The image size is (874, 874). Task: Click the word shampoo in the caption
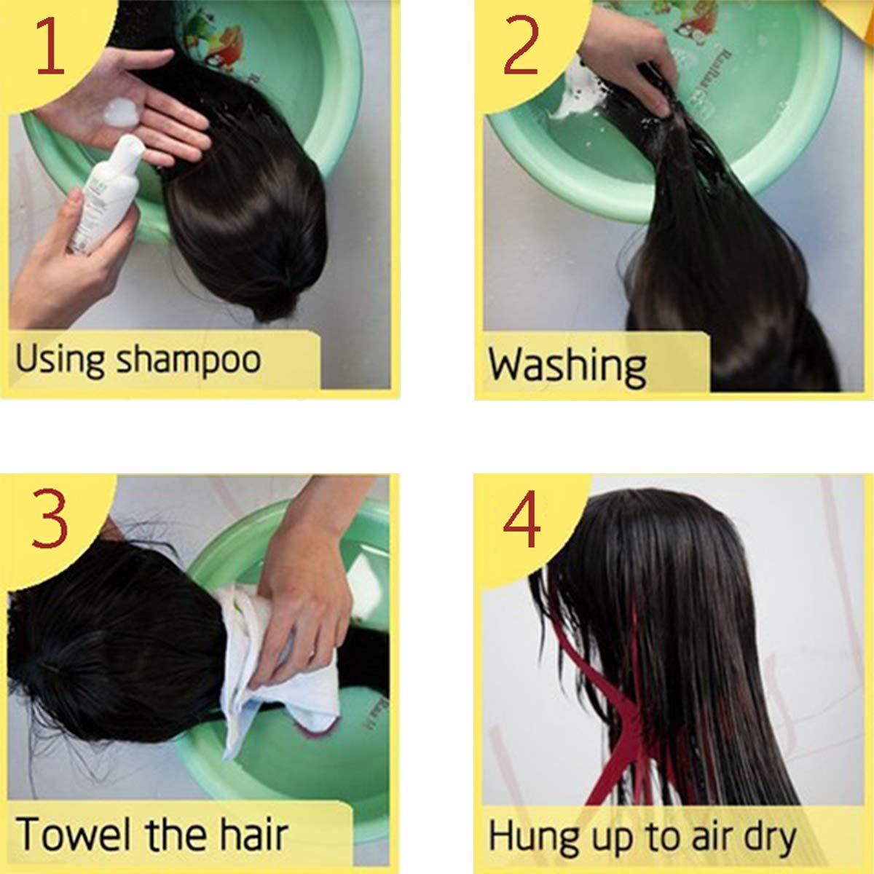pos(189,361)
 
